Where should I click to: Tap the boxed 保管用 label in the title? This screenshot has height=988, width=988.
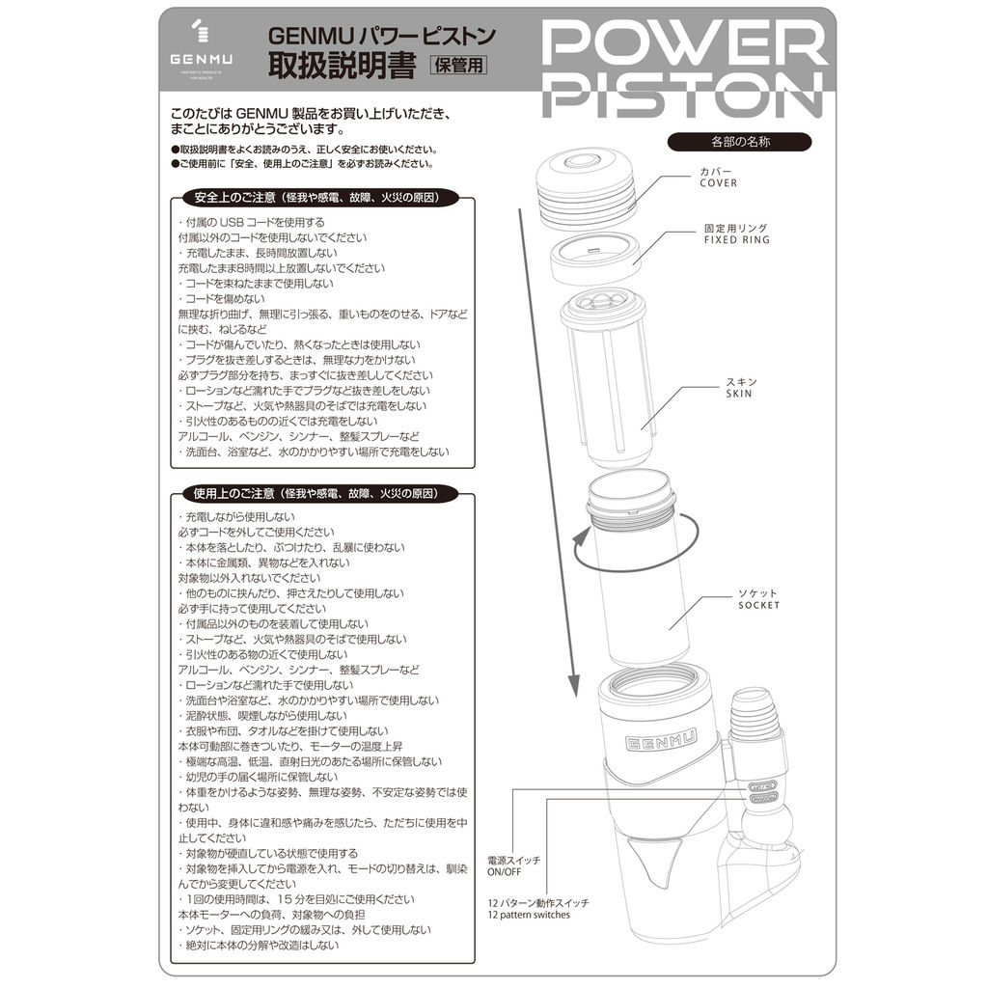click(458, 65)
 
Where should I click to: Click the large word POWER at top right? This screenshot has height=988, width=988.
click(684, 42)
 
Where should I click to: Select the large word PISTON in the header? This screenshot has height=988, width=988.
click(683, 94)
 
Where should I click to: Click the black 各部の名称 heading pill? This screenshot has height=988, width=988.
click(740, 142)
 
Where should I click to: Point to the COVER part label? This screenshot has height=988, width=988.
click(718, 178)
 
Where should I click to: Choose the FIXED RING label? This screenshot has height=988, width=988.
click(736, 233)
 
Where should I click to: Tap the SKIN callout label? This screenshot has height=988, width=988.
click(740, 388)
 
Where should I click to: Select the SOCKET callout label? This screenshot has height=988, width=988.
click(758, 599)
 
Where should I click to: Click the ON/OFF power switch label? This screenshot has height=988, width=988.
click(513, 865)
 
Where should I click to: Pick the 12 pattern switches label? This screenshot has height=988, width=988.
click(538, 909)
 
